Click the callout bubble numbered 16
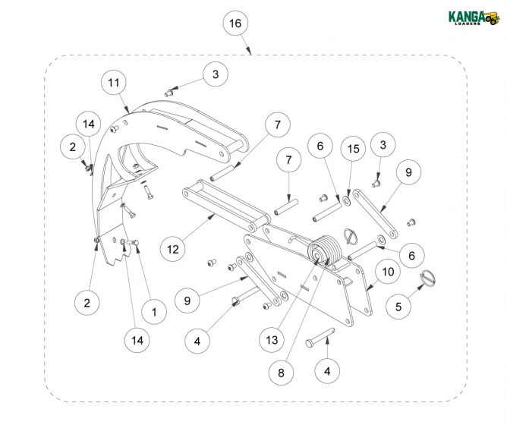[x=235, y=24]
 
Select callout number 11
[x=114, y=82]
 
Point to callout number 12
[x=172, y=247]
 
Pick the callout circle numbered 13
[x=272, y=338]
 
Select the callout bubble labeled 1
[x=154, y=311]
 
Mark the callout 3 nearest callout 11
[x=215, y=74]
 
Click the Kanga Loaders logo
[x=473, y=17]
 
